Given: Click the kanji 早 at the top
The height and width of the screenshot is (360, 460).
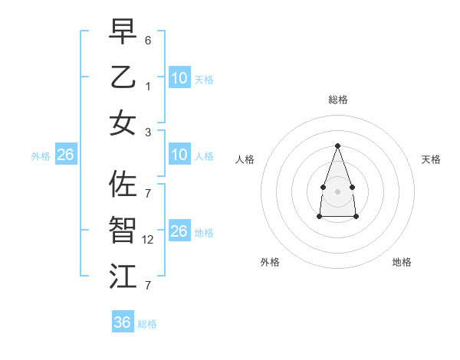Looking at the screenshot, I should [x=123, y=33].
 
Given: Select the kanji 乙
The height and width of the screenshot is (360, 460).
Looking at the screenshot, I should [x=123, y=77].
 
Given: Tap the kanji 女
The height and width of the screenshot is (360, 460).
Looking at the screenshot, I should [x=123, y=122].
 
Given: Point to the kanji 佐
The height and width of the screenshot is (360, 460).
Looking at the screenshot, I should [x=123, y=184].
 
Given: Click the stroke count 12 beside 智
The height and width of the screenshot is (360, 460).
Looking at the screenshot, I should [x=149, y=239].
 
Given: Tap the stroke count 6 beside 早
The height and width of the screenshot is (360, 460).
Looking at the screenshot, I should [x=148, y=39].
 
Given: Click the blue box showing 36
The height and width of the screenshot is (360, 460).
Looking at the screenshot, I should [x=123, y=322].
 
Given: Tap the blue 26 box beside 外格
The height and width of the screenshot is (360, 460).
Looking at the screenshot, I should [x=65, y=155].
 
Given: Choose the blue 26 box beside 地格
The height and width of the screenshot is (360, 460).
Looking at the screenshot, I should [x=179, y=231].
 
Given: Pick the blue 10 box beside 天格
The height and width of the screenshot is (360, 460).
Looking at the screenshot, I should [x=179, y=78].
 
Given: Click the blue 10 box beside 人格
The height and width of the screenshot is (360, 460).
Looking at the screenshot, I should [x=179, y=155].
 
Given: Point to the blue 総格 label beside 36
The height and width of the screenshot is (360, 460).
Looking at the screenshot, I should [x=147, y=324].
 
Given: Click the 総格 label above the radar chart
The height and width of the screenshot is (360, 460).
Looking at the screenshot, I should [x=337, y=100].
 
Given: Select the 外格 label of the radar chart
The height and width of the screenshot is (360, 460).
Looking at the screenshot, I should [x=270, y=262].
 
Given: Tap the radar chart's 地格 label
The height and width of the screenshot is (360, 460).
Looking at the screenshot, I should [x=402, y=262].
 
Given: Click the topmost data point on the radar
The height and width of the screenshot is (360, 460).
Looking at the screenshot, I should [x=337, y=146].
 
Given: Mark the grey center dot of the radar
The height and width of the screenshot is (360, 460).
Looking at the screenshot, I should [x=337, y=191].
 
